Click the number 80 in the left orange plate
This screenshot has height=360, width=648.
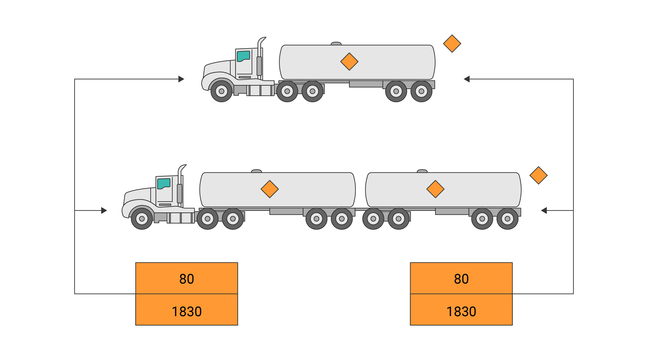click(x=187, y=279)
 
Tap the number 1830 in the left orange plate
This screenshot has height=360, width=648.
click(x=187, y=311)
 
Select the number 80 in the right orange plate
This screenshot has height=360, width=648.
click(x=461, y=279)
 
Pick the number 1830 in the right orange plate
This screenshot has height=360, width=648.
click(x=461, y=311)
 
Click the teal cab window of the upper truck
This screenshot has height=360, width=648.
click(x=243, y=56)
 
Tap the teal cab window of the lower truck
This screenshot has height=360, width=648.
click(x=164, y=184)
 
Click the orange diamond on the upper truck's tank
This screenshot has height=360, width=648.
click(x=349, y=61)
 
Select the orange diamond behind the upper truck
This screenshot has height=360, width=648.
click(x=452, y=44)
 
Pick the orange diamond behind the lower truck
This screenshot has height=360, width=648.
click(x=538, y=175)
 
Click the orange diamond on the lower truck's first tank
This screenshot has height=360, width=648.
click(x=270, y=189)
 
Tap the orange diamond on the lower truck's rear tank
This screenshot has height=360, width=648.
click(x=435, y=189)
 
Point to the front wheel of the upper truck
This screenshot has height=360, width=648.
click(x=221, y=91)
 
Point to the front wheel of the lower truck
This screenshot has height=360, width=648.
click(x=142, y=219)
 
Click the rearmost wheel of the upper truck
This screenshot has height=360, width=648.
click(x=421, y=91)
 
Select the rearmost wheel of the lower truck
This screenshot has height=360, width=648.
click(x=507, y=219)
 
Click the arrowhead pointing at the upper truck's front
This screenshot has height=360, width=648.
click(x=181, y=79)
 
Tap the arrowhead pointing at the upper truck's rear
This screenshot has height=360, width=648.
click(x=467, y=79)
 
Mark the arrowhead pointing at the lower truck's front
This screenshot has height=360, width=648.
click(x=104, y=211)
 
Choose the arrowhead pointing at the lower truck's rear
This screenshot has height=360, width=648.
click(x=544, y=211)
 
